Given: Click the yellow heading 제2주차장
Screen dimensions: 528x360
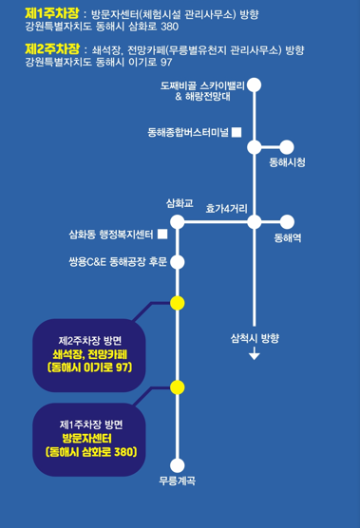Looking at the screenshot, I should pyautogui.click(x=53, y=48).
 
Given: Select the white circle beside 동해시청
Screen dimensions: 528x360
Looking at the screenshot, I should pyautogui.click(x=288, y=147).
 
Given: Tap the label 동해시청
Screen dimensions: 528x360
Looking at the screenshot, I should pyautogui.click(x=287, y=164).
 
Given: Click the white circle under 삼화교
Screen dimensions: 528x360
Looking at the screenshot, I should pyautogui.click(x=177, y=222).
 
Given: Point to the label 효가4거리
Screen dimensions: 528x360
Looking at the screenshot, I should pyautogui.click(x=227, y=205).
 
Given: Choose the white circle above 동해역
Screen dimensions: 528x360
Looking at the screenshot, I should pyautogui.click(x=287, y=222).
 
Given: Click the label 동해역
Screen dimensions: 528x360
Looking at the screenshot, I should pyautogui.click(x=287, y=239).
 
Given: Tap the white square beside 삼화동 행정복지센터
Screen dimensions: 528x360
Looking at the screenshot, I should pyautogui.click(x=162, y=234).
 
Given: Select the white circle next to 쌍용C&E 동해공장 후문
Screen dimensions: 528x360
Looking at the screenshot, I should pyautogui.click(x=177, y=261).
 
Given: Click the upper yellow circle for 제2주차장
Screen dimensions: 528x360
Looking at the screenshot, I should pyautogui.click(x=177, y=303).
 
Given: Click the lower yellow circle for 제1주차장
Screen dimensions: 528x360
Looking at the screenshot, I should pyautogui.click(x=177, y=387).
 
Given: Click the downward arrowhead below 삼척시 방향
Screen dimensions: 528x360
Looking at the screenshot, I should pyautogui.click(x=254, y=356).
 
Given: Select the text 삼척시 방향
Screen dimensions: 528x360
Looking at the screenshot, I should pyautogui.click(x=255, y=337).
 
